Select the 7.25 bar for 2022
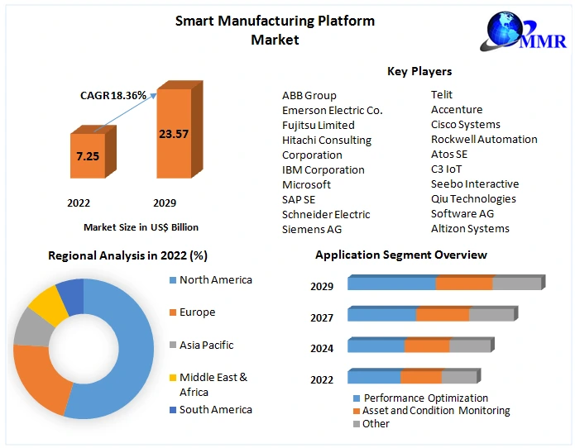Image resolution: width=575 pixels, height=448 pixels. (x=88, y=156)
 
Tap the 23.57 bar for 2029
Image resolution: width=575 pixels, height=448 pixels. (x=175, y=133)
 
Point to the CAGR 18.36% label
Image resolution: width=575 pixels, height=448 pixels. (x=113, y=96)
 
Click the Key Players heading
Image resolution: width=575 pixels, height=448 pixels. (x=419, y=71)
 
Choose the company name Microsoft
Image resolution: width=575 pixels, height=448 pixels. (x=306, y=184)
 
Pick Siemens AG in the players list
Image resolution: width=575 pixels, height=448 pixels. (x=312, y=229)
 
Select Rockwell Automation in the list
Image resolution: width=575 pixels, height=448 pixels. (x=484, y=140)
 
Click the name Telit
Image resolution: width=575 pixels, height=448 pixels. (x=442, y=95)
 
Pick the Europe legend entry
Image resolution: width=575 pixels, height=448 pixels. (x=197, y=312)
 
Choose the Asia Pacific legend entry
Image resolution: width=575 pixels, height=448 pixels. (x=206, y=345)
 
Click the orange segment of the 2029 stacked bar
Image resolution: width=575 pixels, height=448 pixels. (x=464, y=284)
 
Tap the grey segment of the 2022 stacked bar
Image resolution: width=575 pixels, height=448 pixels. (x=458, y=378)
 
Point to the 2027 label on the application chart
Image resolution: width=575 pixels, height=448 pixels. (x=322, y=317)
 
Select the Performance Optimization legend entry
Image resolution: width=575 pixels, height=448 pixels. (x=425, y=398)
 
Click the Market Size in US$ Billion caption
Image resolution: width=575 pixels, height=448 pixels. (x=141, y=226)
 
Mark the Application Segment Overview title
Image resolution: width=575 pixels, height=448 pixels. (x=401, y=255)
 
